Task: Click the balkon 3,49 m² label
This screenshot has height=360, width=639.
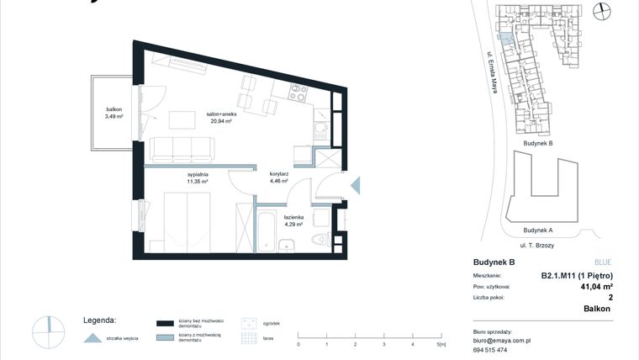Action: click(114, 113)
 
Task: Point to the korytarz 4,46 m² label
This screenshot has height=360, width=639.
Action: click(279, 177)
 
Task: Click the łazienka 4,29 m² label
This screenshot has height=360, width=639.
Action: click(293, 220)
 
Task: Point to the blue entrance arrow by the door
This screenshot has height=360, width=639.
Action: click(354, 185)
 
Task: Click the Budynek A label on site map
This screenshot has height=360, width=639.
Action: click(537, 230)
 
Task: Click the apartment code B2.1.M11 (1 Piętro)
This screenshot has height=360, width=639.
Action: click(576, 275)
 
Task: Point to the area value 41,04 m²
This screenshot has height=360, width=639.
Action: click(595, 287)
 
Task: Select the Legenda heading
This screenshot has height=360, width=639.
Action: click(99, 320)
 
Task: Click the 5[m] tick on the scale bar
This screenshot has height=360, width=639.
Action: click(441, 345)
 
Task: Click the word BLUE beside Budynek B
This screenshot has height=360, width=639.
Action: click(604, 262)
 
